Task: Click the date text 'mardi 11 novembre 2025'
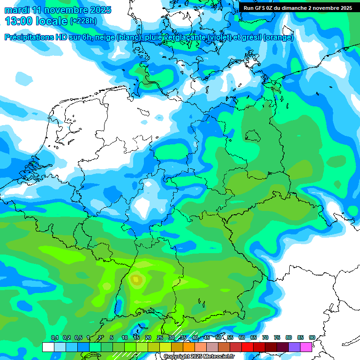(x=58, y=9)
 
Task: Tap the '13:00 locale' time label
(x=36, y=21)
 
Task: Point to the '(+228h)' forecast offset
(x=83, y=21)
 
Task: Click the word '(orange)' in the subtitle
(x=278, y=37)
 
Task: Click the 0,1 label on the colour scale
(x=55, y=337)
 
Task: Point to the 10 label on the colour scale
(x=125, y=337)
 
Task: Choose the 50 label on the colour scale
(x=218, y=337)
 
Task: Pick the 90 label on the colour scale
(x=312, y=337)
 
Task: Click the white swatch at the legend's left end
(x=48, y=347)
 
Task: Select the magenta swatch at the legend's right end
(x=306, y=347)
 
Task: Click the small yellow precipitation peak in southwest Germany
(x=136, y=280)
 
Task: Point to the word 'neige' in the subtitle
(x=105, y=37)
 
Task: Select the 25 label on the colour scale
(x=160, y=337)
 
